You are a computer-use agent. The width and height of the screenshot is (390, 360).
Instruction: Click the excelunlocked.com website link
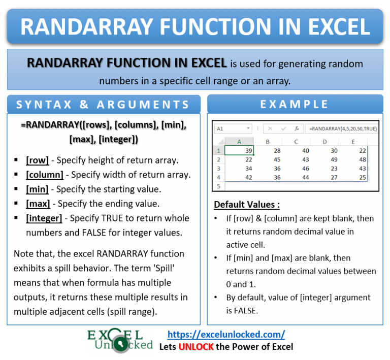226,335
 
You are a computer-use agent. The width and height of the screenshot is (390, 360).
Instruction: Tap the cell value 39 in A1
248,150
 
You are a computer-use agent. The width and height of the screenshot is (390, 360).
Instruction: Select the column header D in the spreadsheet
324,142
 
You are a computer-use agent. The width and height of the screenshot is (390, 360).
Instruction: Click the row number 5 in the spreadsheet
219,186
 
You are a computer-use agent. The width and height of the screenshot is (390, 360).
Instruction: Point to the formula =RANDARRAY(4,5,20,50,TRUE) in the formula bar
343,128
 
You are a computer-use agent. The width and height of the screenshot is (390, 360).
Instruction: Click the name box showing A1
233,128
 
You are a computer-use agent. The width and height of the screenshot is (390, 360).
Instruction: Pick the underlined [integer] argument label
44,218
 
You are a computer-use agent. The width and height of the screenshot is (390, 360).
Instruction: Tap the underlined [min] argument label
37,189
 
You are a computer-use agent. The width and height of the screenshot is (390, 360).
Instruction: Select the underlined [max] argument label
38,204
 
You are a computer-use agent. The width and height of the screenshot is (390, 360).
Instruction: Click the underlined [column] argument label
45,175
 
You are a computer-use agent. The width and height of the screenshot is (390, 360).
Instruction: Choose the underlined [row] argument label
37,160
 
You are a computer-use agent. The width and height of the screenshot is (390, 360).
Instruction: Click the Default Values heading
247,205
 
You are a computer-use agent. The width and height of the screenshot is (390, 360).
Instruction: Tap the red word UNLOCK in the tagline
196,347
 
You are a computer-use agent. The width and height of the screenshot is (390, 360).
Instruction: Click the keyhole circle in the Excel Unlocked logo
121,344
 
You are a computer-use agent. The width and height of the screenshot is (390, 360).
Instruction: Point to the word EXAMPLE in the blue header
294,104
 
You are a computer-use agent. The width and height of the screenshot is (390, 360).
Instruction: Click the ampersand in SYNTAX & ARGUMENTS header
84,105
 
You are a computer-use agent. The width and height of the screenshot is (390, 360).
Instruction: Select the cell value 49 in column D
334,159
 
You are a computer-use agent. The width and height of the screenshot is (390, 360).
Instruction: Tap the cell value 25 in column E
363,178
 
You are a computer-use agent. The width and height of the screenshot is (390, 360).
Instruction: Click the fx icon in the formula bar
297,128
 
